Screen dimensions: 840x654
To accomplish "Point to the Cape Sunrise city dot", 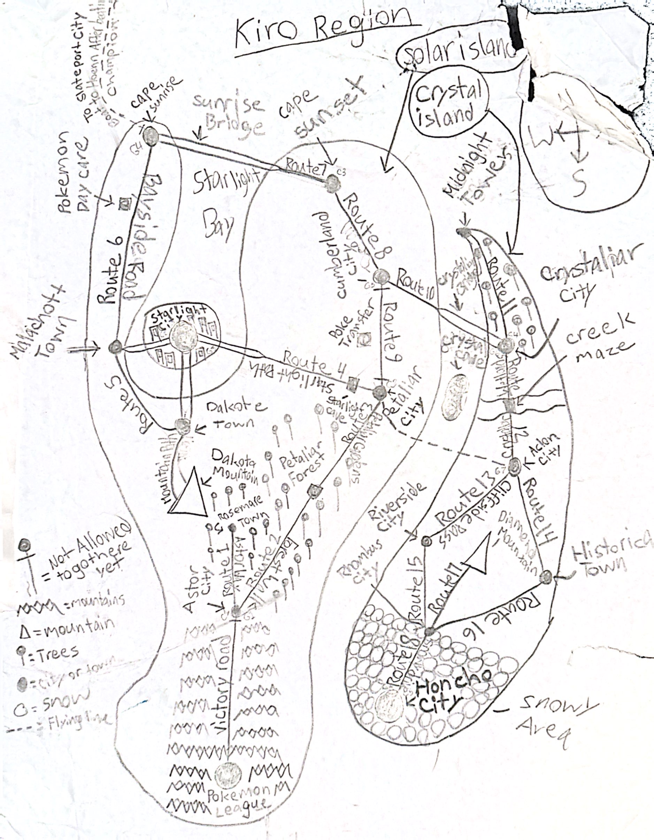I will pos(151,136).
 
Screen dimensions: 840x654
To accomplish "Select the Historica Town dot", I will pos(546,577).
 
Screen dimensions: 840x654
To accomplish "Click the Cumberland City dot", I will pos(381,276).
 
